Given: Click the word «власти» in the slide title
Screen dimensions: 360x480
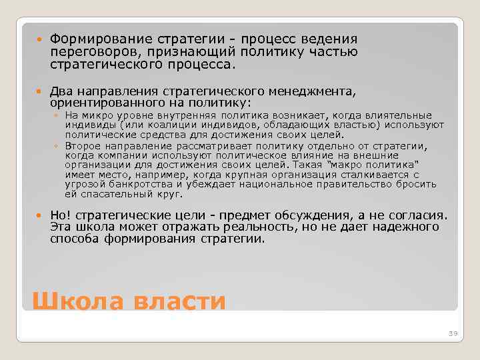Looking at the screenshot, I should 181,301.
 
